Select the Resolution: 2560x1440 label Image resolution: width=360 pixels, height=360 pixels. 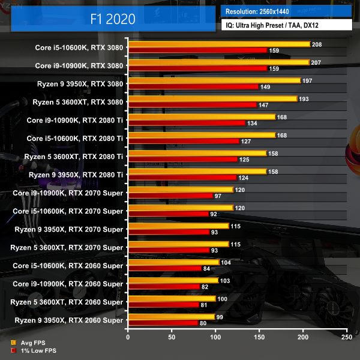[x=262, y=11]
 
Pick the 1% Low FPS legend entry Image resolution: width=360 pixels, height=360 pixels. [x=35, y=350]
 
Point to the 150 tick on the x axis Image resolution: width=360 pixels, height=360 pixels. [x=259, y=338]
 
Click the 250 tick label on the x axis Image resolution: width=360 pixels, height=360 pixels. [x=346, y=338]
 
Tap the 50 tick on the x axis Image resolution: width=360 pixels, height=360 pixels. [x=172, y=338]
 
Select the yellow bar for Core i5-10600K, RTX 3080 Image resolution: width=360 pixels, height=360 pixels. [x=218, y=44]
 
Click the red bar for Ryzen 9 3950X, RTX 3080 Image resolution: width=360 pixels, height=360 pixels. [x=193, y=86]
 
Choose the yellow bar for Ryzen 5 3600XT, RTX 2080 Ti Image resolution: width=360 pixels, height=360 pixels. [x=197, y=153]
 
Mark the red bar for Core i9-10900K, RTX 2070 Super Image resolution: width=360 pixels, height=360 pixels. [x=170, y=196]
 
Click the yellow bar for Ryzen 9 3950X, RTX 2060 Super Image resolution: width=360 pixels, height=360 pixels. [x=171, y=316]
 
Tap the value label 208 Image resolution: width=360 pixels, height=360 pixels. [x=317, y=44]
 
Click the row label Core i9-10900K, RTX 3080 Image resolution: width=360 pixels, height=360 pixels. [x=79, y=65]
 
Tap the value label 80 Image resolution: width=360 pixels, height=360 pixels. [x=204, y=323]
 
